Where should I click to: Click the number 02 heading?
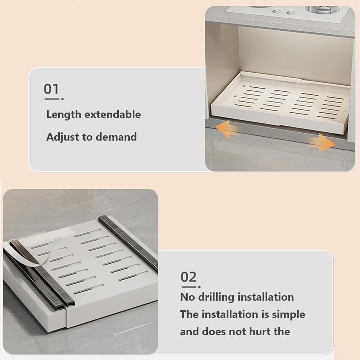[x=188, y=277]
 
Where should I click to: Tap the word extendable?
[x=113, y=115]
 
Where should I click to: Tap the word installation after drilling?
[x=265, y=297]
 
